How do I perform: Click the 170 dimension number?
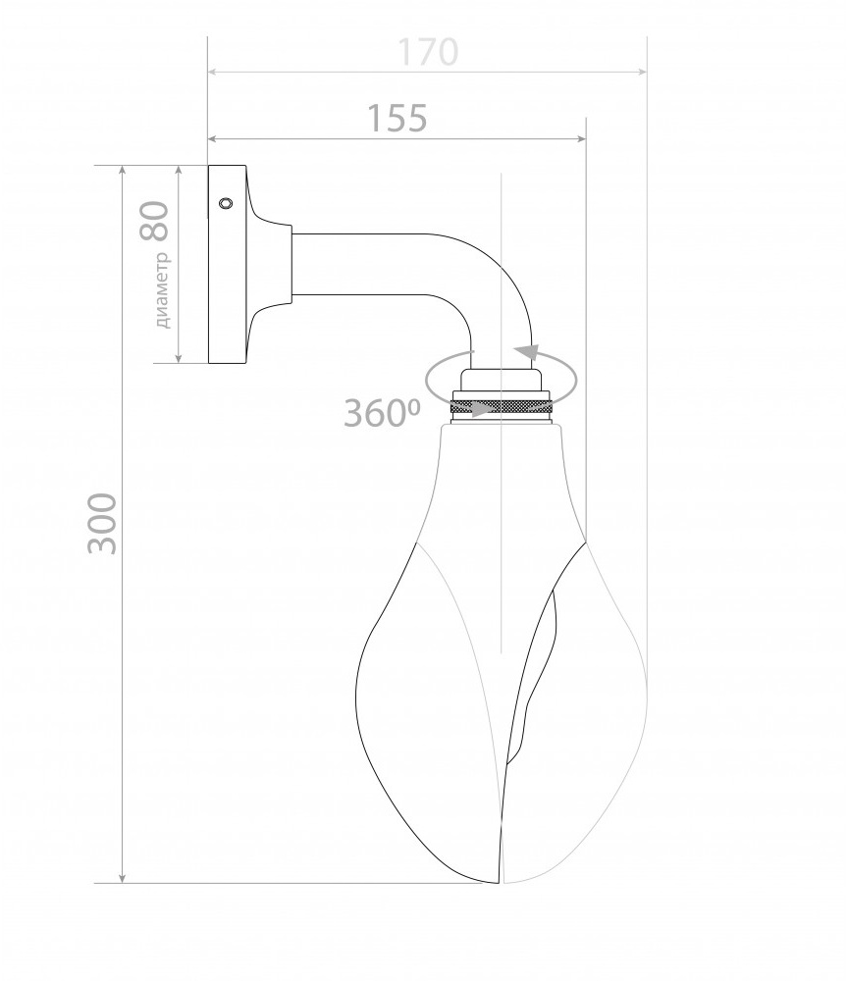tap(428, 52)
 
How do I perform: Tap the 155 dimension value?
tap(397, 118)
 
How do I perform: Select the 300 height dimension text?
tap(102, 524)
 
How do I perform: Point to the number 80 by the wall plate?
tap(155, 221)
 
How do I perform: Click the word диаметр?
tap(162, 290)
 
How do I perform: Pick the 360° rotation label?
tap(382, 413)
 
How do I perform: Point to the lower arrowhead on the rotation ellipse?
tap(482, 409)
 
